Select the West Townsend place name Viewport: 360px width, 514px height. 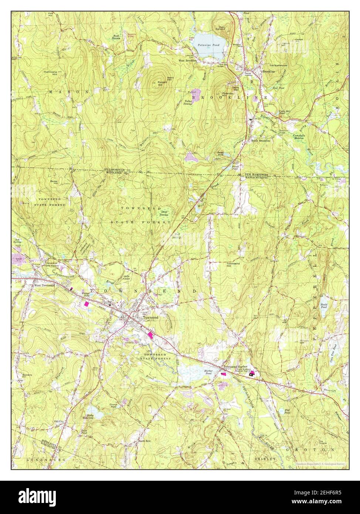coord(44,285)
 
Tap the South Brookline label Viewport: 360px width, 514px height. coord(261,141)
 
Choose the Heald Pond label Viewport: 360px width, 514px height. coord(324,305)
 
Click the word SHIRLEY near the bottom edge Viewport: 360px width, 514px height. coord(265,459)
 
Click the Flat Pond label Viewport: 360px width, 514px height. coord(287,411)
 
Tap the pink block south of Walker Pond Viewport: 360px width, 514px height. coord(87,304)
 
